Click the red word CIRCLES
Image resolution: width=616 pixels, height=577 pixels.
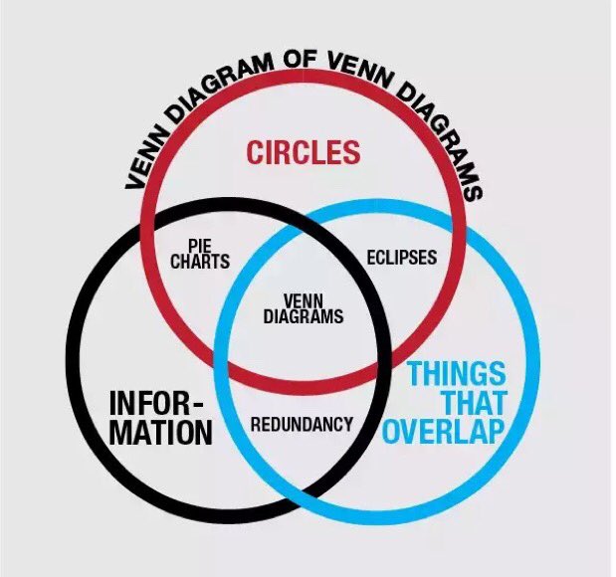[303, 153]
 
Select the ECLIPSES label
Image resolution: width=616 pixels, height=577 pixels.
[402, 257]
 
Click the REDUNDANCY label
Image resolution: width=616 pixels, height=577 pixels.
[302, 425]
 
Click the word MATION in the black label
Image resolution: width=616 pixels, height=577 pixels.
[160, 434]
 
